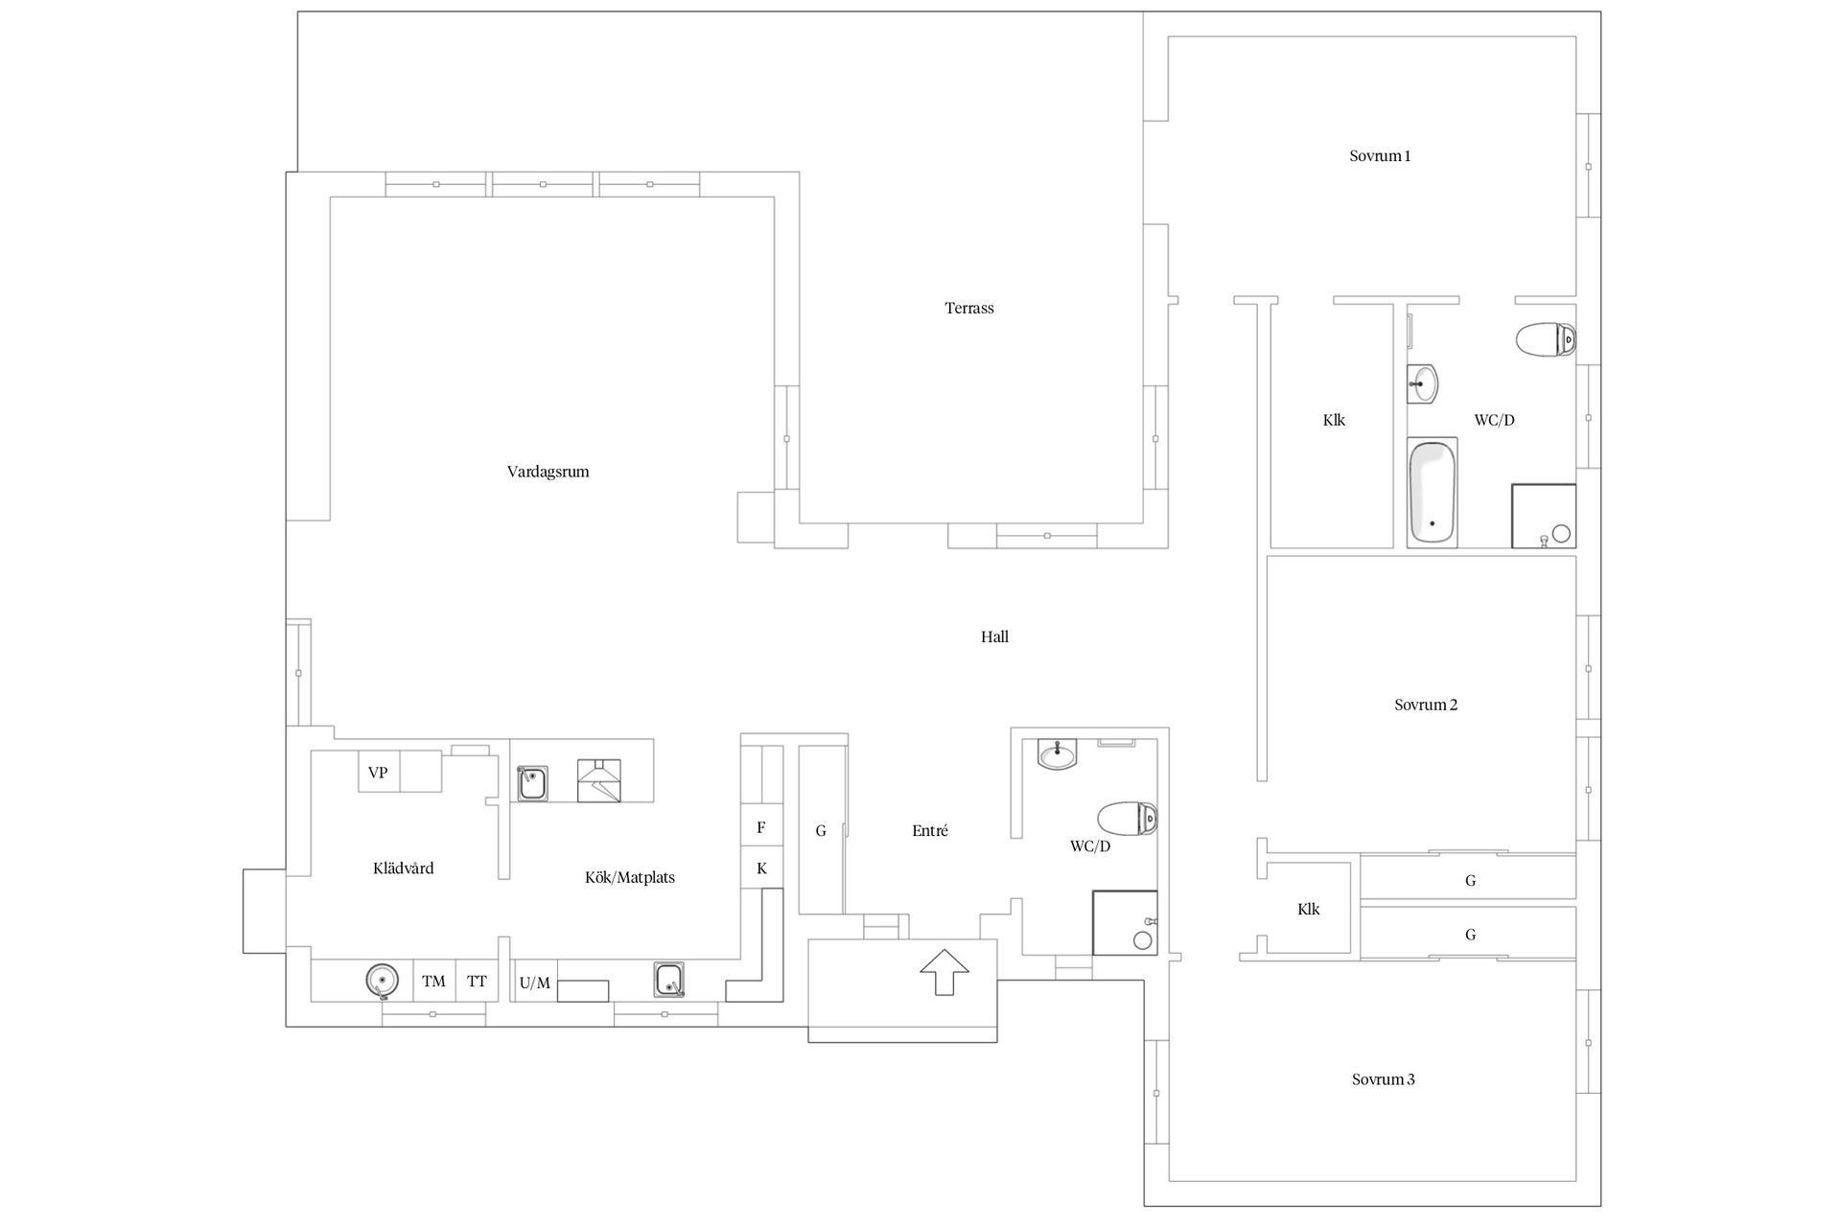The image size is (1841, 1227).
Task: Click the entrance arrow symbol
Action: click(x=944, y=971)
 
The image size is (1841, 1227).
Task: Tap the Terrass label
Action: click(x=969, y=308)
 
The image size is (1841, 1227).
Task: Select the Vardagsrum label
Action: click(x=548, y=472)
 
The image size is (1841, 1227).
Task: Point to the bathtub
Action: click(x=1433, y=493)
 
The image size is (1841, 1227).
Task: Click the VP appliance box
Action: click(x=379, y=772)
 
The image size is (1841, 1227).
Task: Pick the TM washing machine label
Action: click(x=434, y=981)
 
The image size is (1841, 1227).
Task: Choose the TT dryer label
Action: click(x=477, y=981)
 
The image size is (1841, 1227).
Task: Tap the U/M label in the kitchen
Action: click(x=535, y=983)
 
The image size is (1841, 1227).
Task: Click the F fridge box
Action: click(x=761, y=827)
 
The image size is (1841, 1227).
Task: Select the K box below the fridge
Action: click(x=761, y=868)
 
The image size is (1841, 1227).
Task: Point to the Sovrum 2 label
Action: click(x=1426, y=705)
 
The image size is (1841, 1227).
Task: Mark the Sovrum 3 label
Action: click(x=1384, y=1079)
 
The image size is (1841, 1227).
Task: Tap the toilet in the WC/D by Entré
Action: click(x=1128, y=819)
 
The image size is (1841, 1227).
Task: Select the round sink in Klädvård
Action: click(x=383, y=981)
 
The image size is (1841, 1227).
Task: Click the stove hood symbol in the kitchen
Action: click(x=598, y=780)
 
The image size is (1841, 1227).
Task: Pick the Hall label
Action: click(x=994, y=637)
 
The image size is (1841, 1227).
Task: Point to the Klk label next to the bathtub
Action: click(x=1334, y=420)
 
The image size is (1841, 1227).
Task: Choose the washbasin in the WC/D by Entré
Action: click(x=1058, y=754)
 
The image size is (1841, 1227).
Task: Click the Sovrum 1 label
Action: click(x=1380, y=156)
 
